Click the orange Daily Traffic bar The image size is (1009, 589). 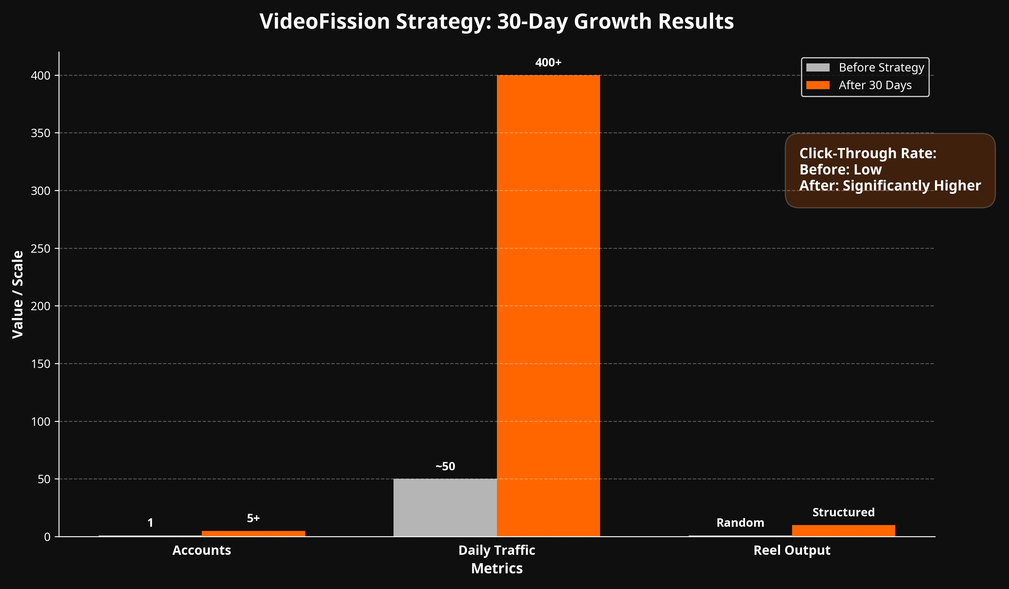[548, 306]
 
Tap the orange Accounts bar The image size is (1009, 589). [253, 534]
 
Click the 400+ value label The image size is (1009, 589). [548, 63]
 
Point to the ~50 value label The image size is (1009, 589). [445, 466]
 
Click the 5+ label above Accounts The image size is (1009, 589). [253, 518]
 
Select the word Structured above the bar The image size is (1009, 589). [843, 512]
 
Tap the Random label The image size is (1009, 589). [740, 523]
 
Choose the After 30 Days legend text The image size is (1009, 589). [875, 85]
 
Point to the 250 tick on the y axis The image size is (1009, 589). [40, 249]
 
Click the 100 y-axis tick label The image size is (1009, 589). [40, 422]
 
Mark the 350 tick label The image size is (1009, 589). [40, 133]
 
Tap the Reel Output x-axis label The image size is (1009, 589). [792, 551]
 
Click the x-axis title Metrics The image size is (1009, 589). [497, 568]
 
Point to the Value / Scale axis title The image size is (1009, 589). [18, 294]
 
